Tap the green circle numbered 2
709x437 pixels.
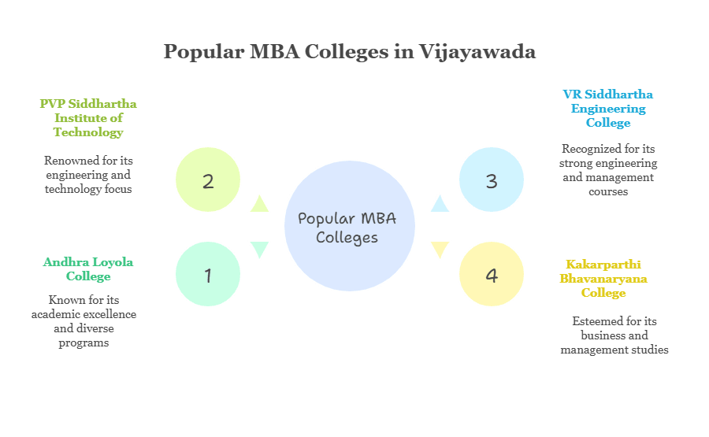[208, 180]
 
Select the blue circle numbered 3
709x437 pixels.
[492, 180]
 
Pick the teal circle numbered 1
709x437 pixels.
[208, 274]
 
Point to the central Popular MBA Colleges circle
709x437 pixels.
[349, 227]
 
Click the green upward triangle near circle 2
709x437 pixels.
[258, 203]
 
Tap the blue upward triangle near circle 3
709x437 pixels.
[440, 203]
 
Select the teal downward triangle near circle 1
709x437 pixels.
[258, 250]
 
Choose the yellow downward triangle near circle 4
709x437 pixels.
[440, 250]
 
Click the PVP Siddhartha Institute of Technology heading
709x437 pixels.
[88, 117]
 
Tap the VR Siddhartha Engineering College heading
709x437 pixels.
[608, 109]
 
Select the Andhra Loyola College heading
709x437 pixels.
[88, 268]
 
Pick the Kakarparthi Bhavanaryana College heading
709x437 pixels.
[603, 278]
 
